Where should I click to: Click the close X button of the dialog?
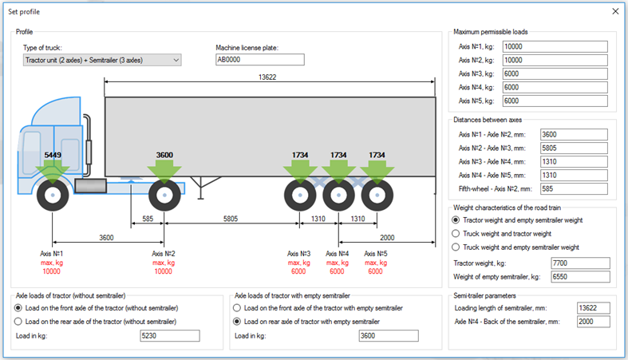click(x=614, y=12)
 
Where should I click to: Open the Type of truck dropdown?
click(x=102, y=60)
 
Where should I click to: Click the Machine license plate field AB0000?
click(x=259, y=60)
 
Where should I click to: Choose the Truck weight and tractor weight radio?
click(x=456, y=234)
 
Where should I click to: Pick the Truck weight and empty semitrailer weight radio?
click(x=456, y=247)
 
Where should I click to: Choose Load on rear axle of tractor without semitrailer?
click(x=19, y=322)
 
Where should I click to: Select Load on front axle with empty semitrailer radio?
click(x=237, y=308)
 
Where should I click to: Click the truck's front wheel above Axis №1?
click(x=53, y=195)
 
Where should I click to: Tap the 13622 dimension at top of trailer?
click(x=272, y=77)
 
